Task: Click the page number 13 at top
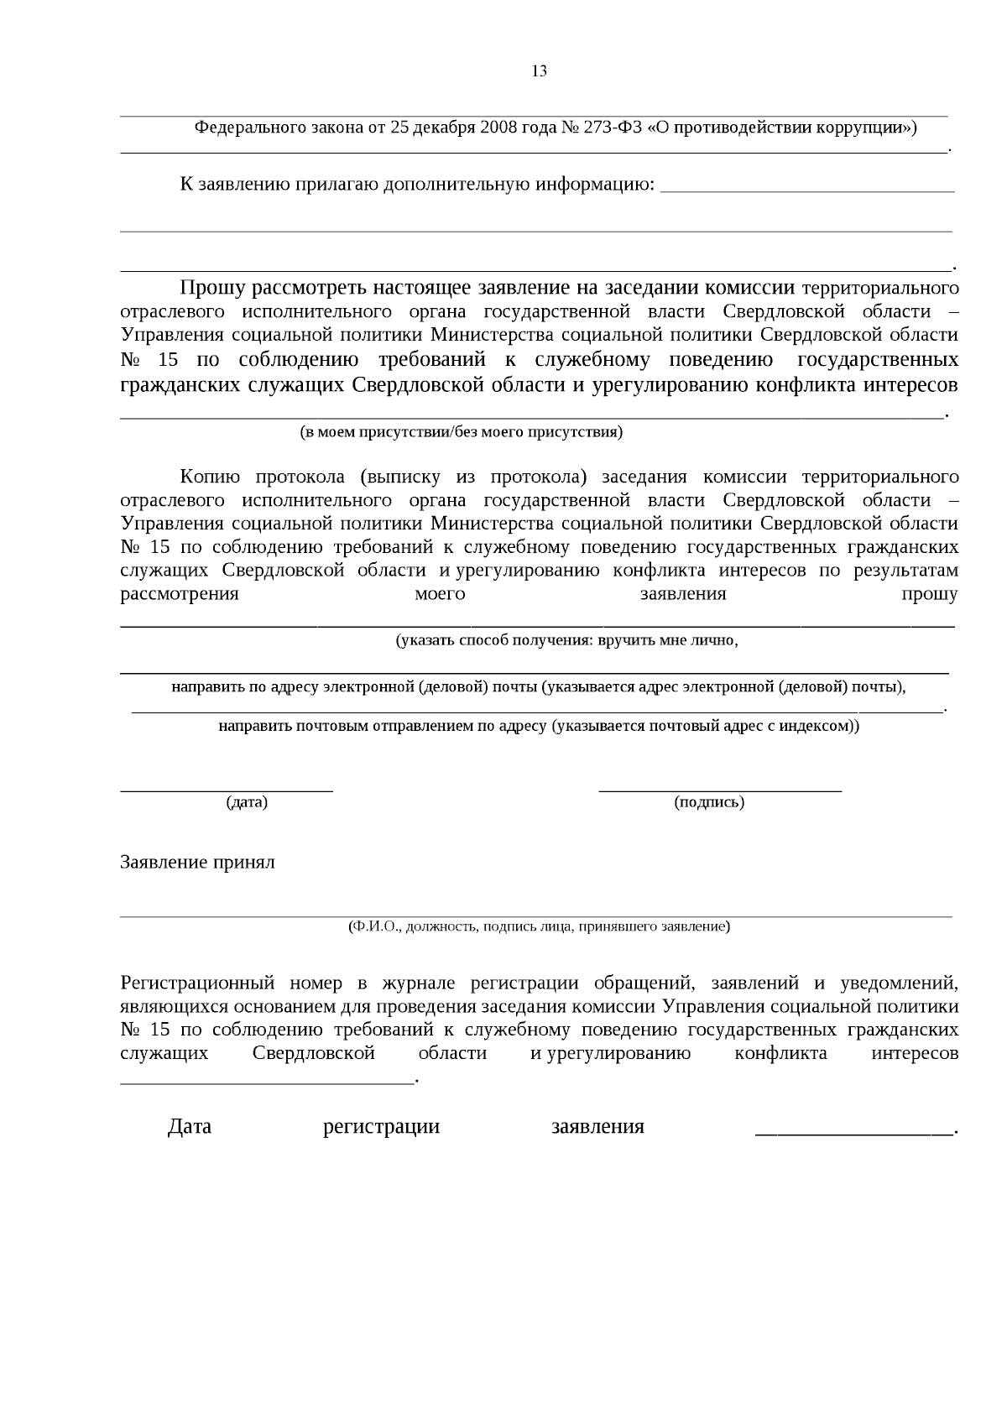(539, 71)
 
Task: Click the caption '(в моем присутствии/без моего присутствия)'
(462, 432)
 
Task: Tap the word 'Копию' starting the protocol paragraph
(210, 477)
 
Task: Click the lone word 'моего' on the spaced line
(440, 594)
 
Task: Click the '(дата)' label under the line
(247, 802)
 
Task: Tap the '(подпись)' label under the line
(709, 802)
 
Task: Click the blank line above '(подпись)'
(719, 789)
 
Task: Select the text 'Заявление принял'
(197, 863)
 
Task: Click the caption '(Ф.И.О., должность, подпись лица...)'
(539, 926)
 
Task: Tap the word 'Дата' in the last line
(189, 1127)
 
